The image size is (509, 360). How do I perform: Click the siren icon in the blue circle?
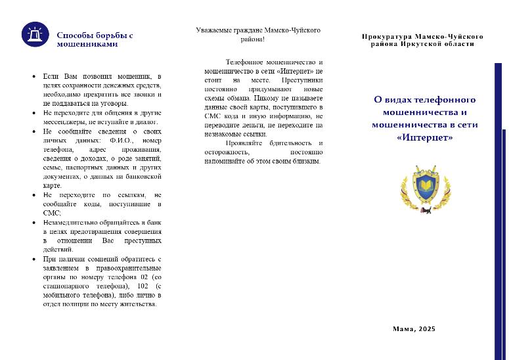tap(34, 35)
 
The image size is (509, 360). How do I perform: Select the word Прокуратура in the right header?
tap(387, 37)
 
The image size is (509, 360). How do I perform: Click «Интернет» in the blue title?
tap(425, 138)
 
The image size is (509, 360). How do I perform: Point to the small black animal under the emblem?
tap(426, 212)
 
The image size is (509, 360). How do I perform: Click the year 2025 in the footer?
tap(426, 328)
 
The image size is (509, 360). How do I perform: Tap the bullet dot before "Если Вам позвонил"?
tap(34, 77)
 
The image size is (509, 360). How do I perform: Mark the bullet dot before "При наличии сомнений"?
tap(34, 259)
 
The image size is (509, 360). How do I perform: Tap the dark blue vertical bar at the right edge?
tap(498, 210)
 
